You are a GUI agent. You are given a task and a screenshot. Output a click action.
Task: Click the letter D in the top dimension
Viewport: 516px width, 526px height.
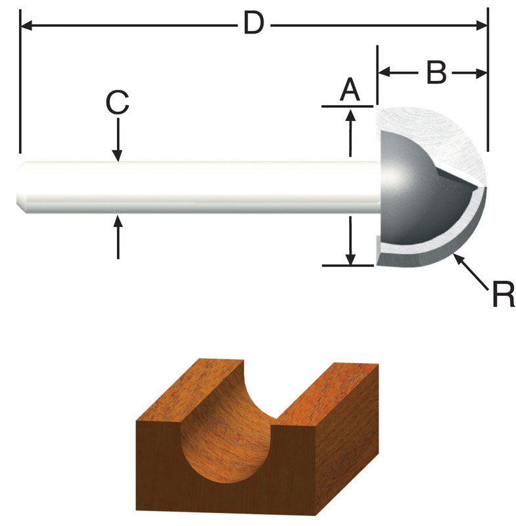click(x=254, y=24)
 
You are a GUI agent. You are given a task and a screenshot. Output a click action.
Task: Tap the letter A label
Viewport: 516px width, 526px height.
click(x=350, y=89)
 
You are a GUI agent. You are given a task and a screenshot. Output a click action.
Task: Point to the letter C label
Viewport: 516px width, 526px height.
click(x=118, y=103)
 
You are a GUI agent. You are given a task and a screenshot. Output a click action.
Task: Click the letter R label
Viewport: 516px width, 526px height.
click(x=503, y=295)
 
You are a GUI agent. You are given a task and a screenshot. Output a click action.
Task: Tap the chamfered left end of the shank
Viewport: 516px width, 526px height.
click(x=21, y=187)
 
